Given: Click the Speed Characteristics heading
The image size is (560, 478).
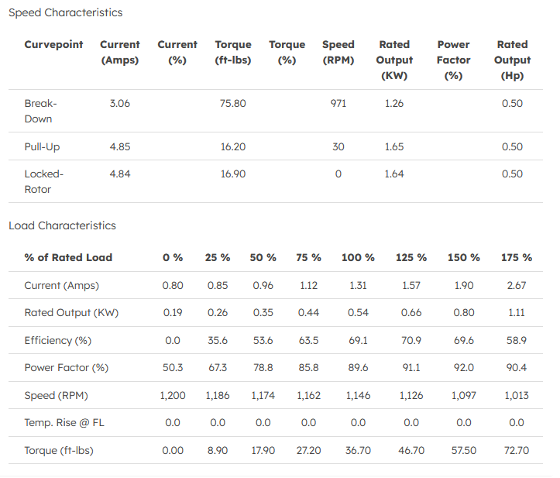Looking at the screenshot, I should [x=65, y=12].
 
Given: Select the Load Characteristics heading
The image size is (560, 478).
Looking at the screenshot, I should [x=62, y=225].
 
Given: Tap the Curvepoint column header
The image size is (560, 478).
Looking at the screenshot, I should [x=53, y=45].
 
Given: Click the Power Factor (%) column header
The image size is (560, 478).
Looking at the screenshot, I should [x=453, y=60].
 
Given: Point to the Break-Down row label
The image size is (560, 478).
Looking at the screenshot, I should [x=40, y=111].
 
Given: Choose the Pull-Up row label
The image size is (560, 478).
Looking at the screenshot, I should [x=42, y=146].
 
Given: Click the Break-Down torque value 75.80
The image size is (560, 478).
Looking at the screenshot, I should [x=232, y=103].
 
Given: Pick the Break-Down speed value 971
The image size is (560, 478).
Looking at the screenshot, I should [x=338, y=103].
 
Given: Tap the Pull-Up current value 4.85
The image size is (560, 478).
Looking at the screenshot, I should [x=120, y=146].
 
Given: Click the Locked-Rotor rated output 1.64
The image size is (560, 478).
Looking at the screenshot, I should [x=393, y=174].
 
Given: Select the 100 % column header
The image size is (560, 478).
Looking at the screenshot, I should [x=358, y=257].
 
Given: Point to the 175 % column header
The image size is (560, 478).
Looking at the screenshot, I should [x=516, y=257].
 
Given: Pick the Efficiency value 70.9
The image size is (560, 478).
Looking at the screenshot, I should [x=411, y=340].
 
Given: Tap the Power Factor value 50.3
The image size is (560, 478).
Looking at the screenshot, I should [x=172, y=367].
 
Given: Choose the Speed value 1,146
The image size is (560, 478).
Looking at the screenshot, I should [x=357, y=395].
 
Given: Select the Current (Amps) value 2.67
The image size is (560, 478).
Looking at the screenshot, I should [x=516, y=285].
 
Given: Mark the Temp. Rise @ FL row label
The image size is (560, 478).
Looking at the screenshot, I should [x=64, y=422].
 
